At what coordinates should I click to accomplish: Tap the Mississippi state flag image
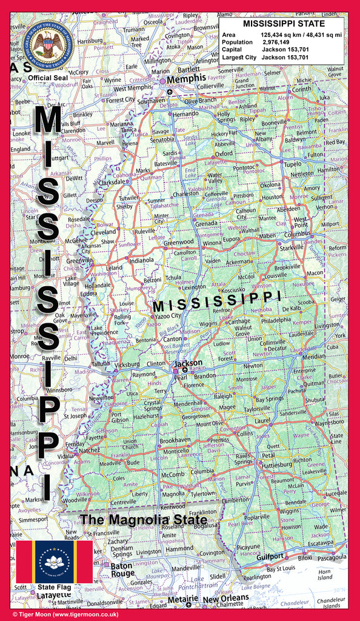click(x=54, y=562)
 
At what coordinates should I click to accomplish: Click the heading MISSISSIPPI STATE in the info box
click(x=284, y=24)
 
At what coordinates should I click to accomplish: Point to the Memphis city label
click(x=186, y=79)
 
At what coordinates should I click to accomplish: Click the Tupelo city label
click(x=292, y=164)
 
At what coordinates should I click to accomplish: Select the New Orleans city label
click(x=225, y=599)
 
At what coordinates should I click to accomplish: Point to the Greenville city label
click(x=80, y=260)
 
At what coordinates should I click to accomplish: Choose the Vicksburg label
click(x=127, y=365)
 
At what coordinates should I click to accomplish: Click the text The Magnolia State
click(x=144, y=520)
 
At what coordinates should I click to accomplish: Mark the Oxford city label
click(x=224, y=153)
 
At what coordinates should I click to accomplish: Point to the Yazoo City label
click(x=167, y=316)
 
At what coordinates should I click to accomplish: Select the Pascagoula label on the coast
click(x=331, y=556)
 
